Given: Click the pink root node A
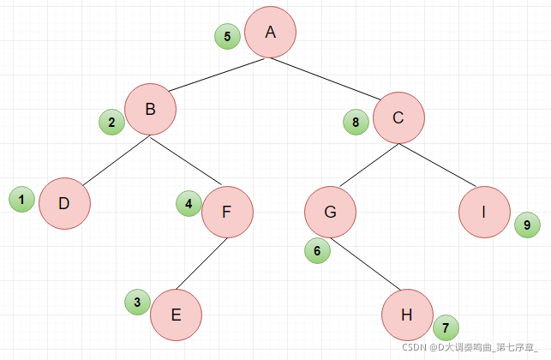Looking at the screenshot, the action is pyautogui.click(x=270, y=32).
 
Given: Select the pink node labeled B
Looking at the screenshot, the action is pyautogui.click(x=151, y=110).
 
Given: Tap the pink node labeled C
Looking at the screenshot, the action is pyautogui.click(x=398, y=117).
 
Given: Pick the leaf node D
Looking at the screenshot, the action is pyautogui.click(x=64, y=203).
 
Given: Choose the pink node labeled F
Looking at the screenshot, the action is pyautogui.click(x=227, y=212).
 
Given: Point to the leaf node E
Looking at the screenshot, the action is pyautogui.click(x=176, y=315).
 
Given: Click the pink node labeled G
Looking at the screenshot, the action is pyautogui.click(x=330, y=212).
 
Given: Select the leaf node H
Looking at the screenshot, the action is pyautogui.click(x=407, y=315).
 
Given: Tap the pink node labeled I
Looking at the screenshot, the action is pyautogui.click(x=484, y=212).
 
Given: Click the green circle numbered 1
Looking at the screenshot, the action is pyautogui.click(x=21, y=200).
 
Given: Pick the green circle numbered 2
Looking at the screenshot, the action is pyautogui.click(x=111, y=122).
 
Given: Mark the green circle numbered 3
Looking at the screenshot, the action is pyautogui.click(x=138, y=302).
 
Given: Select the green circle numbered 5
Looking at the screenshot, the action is pyautogui.click(x=227, y=36).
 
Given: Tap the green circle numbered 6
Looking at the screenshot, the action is pyautogui.click(x=317, y=250).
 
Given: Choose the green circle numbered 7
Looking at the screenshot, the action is pyautogui.click(x=446, y=327).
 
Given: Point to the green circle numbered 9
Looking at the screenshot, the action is pyautogui.click(x=528, y=225).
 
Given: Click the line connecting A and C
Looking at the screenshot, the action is pyautogui.click(x=326, y=79).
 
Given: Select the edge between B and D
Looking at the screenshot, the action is pyautogui.click(x=117, y=160).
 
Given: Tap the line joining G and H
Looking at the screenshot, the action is pyautogui.click(x=365, y=264).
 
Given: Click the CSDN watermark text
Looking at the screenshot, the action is pyautogui.click(x=470, y=347).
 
